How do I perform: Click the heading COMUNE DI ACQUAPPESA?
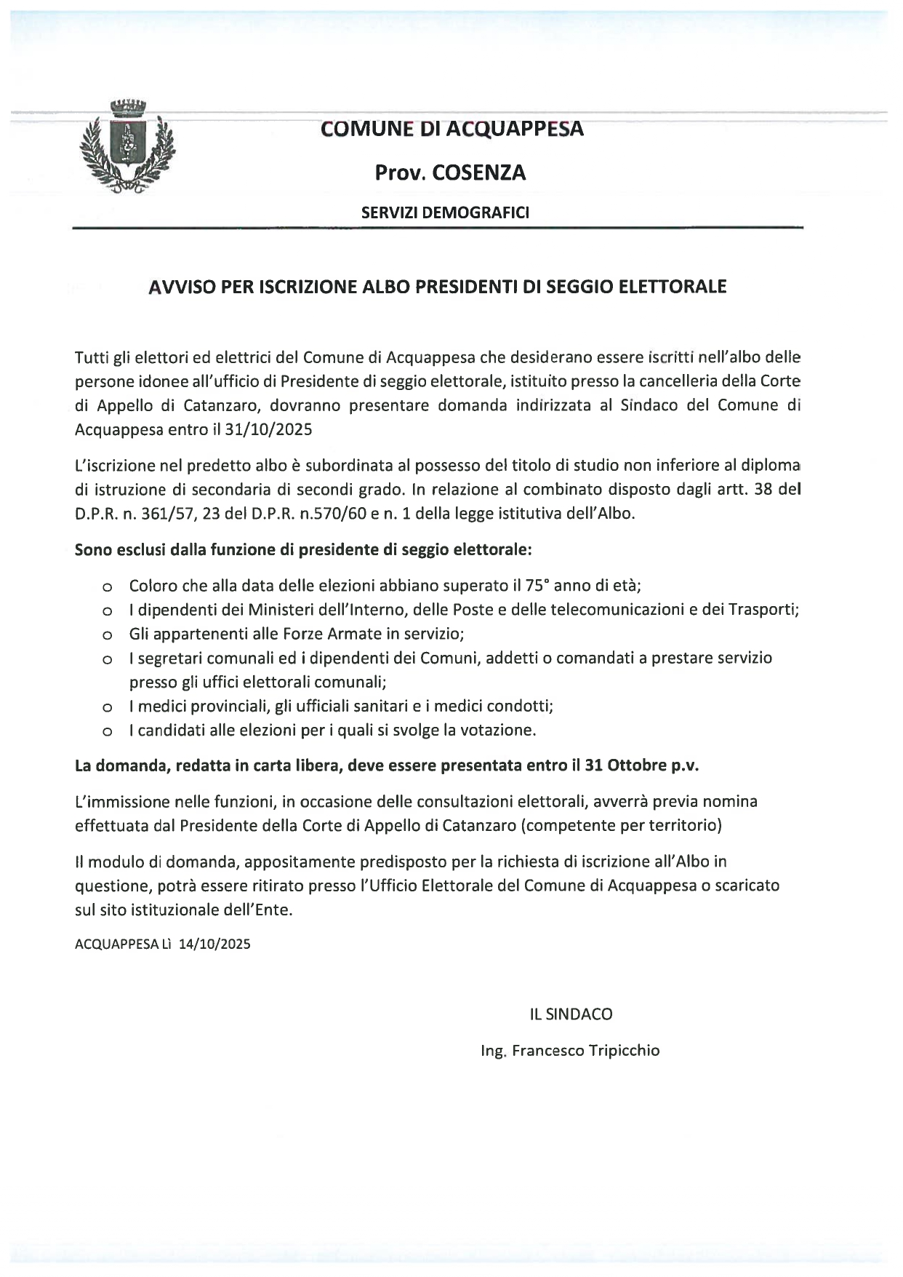(x=451, y=129)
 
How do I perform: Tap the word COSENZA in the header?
(x=478, y=173)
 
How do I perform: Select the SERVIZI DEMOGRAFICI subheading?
(x=445, y=213)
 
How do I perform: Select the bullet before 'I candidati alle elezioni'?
(x=107, y=731)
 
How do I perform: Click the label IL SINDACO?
(x=571, y=1014)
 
